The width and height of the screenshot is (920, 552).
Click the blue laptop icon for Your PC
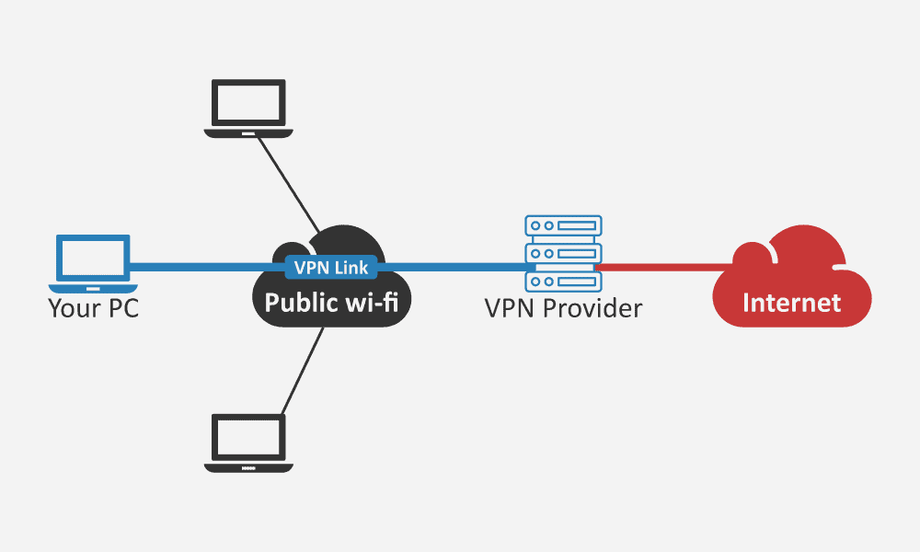92,259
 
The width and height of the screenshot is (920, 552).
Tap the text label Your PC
93,307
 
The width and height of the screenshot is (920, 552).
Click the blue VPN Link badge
331,268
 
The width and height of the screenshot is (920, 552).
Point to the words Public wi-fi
331,303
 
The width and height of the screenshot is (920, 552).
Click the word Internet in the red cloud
791,302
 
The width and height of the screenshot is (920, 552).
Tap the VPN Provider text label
563,307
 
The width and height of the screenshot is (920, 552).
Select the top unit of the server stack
563,224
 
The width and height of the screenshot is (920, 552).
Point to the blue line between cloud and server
451,268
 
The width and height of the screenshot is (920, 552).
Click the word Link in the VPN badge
352,268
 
